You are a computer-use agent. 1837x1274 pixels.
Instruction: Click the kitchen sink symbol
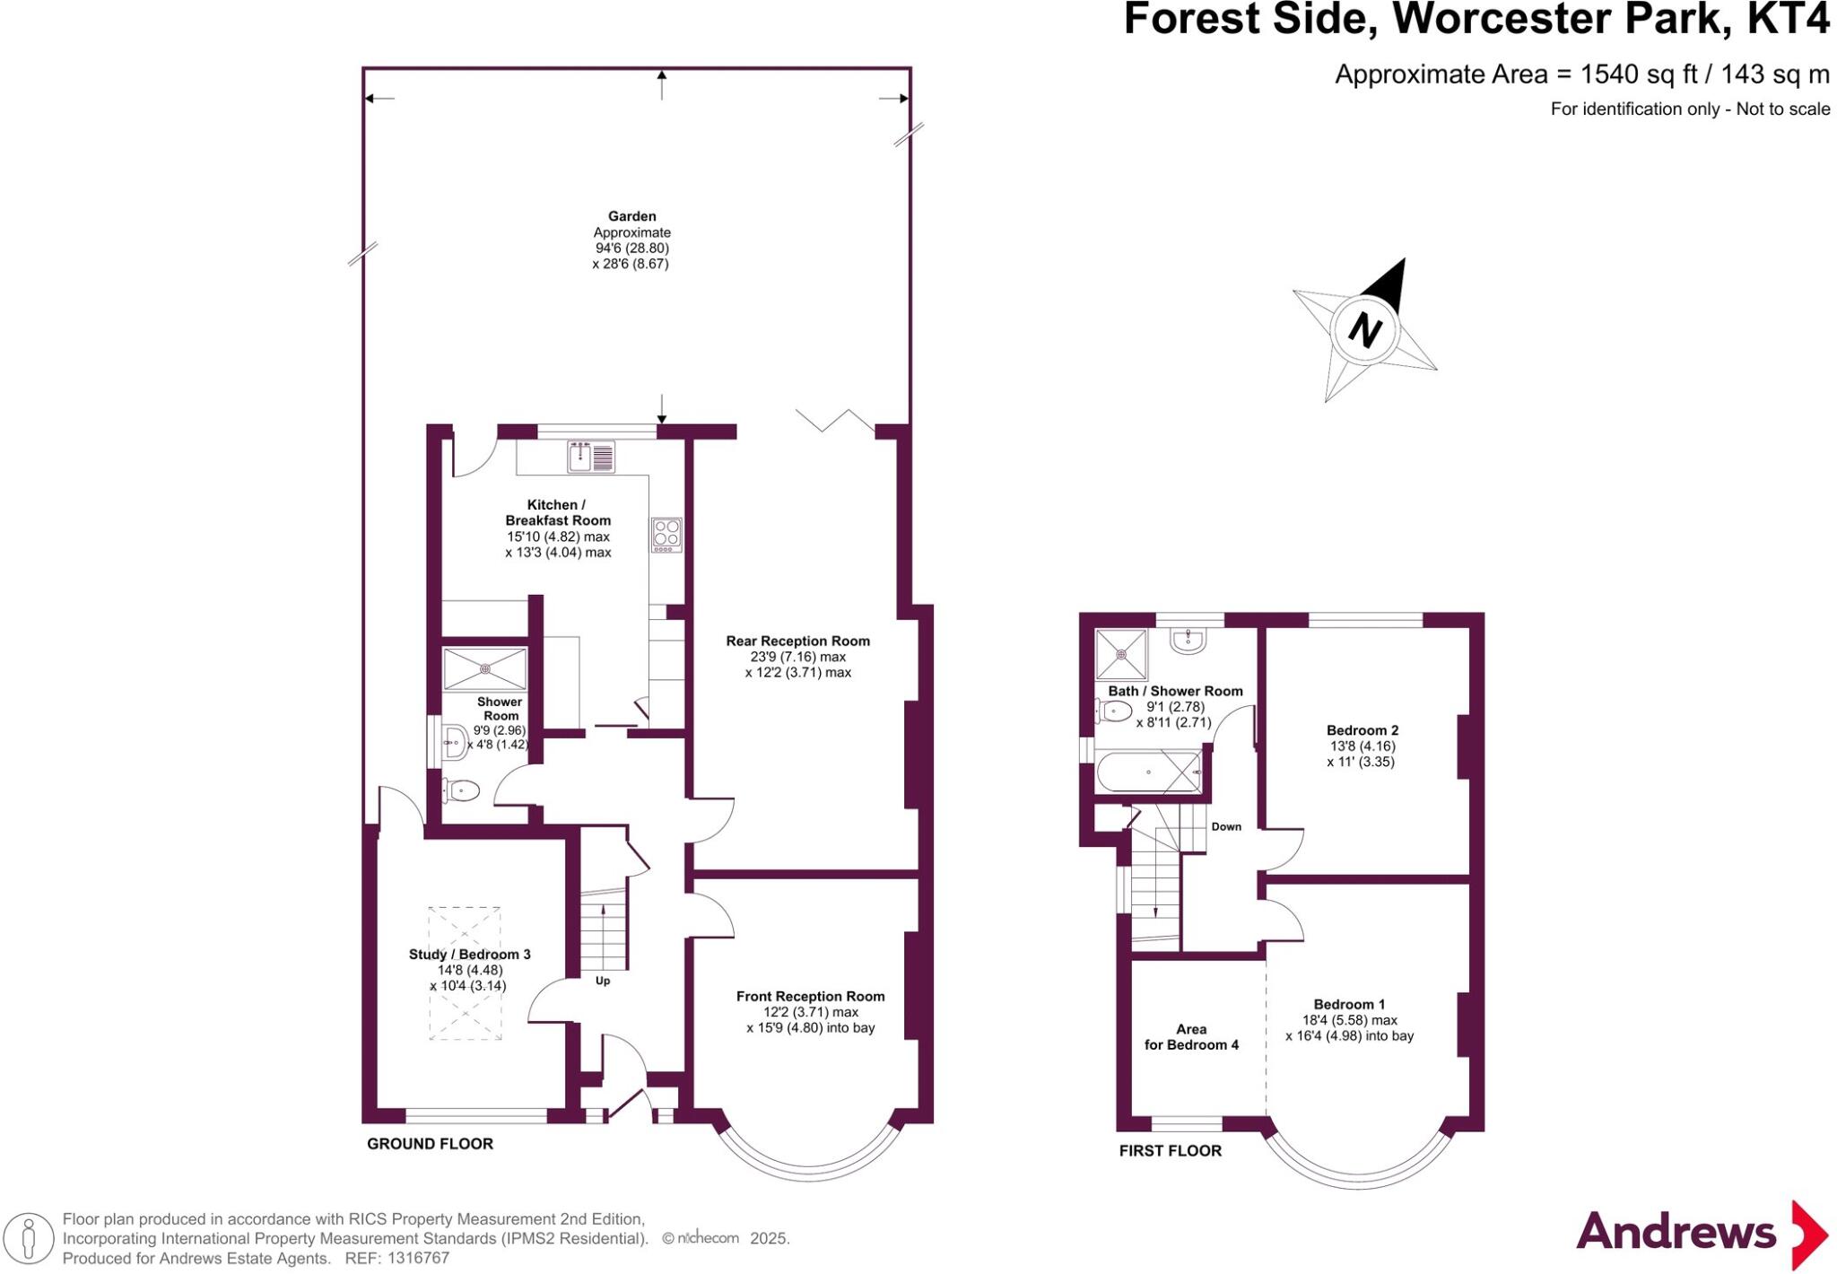click(x=590, y=457)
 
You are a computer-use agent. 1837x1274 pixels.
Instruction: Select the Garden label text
click(x=631, y=216)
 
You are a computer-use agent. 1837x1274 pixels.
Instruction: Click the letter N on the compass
click(x=1364, y=329)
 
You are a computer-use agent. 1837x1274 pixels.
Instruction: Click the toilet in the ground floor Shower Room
click(x=462, y=790)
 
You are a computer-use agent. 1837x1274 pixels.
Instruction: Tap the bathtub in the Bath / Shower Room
click(x=1148, y=772)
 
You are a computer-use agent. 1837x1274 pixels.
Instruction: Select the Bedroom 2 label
click(x=1362, y=730)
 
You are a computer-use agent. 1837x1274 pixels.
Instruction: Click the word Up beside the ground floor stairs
click(x=603, y=981)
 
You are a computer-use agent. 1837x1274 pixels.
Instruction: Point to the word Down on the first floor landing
click(x=1226, y=826)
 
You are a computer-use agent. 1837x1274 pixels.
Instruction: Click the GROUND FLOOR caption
click(x=430, y=1144)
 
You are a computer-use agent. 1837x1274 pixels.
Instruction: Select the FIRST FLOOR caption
click(x=1170, y=1151)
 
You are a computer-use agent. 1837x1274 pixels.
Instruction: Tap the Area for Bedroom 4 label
click(x=1191, y=1037)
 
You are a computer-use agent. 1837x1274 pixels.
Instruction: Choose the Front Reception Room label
click(x=810, y=996)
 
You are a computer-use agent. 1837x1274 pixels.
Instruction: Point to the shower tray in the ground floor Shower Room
click(x=484, y=668)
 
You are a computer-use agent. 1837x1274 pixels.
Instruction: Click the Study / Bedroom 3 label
click(x=469, y=954)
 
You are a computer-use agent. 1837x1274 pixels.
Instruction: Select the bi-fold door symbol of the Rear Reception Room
click(x=834, y=421)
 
